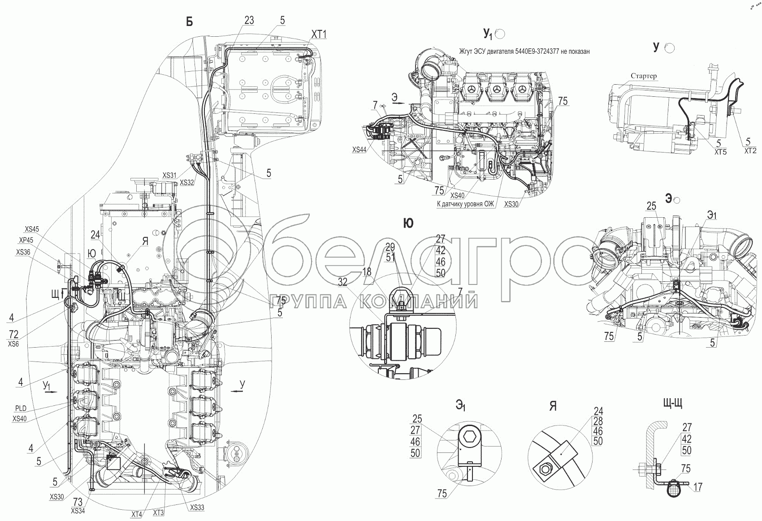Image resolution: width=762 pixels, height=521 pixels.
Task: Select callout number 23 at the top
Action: [x=249, y=20]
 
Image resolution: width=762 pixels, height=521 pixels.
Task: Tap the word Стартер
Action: [x=644, y=76]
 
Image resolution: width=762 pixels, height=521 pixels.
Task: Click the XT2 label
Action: [x=750, y=151]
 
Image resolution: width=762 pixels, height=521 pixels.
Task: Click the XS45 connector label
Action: [x=32, y=229]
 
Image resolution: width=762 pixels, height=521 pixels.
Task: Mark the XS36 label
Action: [x=23, y=252]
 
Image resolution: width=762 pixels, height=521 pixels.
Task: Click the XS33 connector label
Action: [x=197, y=508]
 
